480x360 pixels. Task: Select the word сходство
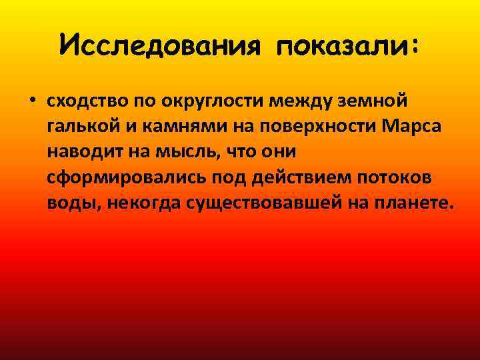coord(80,101)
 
